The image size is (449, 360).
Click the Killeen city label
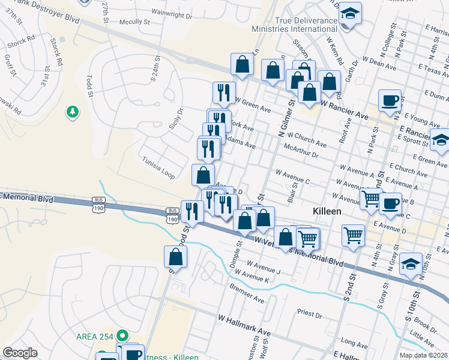point(327,212)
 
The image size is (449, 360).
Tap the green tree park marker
point(72,112)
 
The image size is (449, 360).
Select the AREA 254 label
point(95,336)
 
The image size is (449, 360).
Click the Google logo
point(20,353)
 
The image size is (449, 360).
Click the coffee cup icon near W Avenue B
point(390,202)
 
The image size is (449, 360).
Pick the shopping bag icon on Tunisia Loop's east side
point(203,175)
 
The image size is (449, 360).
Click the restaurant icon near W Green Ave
point(223,92)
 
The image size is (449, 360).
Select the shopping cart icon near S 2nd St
point(353,235)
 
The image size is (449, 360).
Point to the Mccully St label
point(134,22)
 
